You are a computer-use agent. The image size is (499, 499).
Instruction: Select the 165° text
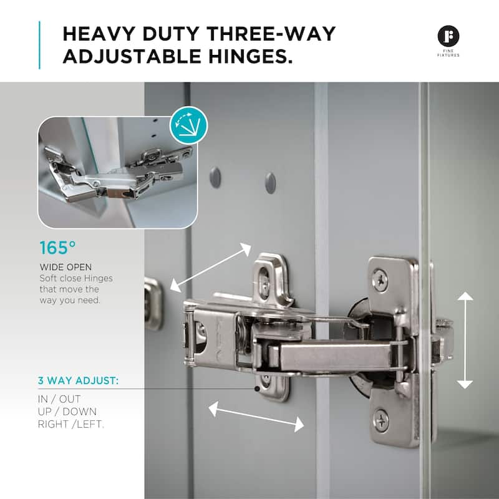click(53, 248)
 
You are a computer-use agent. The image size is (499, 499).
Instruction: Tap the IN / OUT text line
click(60, 398)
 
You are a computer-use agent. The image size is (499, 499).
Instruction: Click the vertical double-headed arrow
click(465, 341)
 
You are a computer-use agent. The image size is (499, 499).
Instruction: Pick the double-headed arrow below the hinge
click(256, 417)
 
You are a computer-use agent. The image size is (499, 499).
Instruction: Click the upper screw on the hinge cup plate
click(380, 280)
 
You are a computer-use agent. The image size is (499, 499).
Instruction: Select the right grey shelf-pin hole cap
click(270, 182)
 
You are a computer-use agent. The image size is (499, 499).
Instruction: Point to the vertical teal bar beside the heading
click(41, 45)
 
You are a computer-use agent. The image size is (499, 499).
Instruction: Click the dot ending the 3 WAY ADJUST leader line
click(257, 388)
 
